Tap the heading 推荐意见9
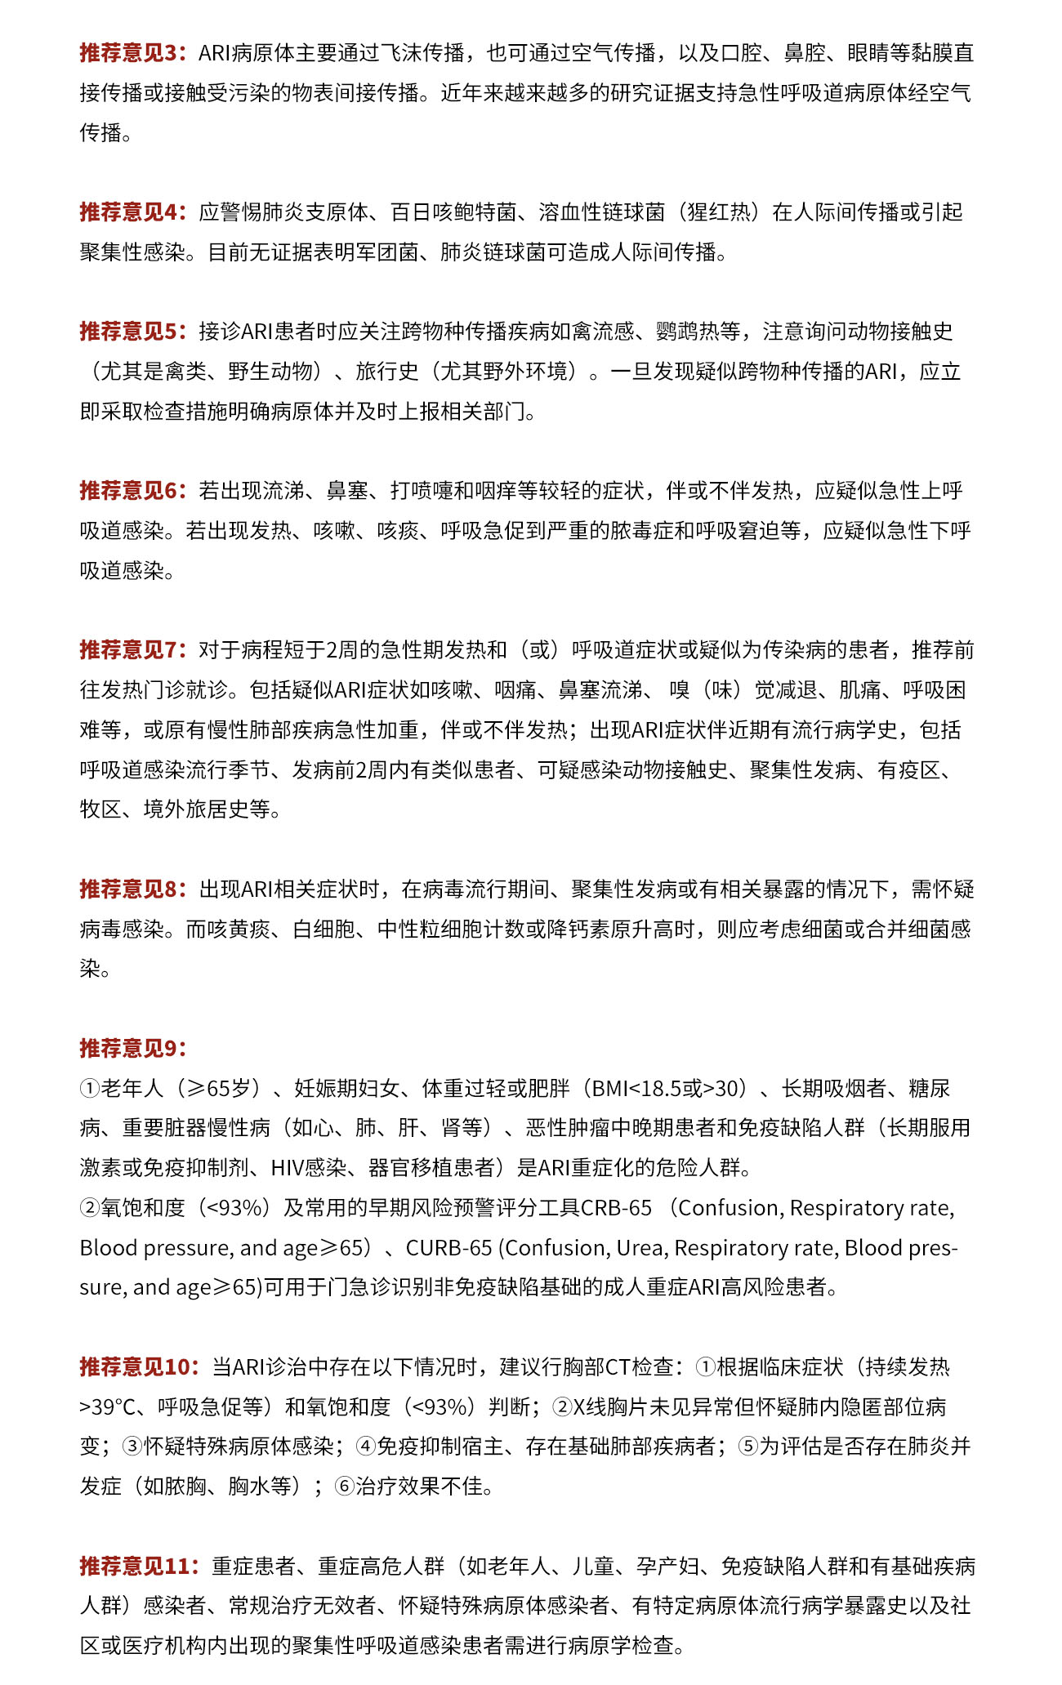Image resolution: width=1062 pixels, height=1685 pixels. coord(133,1048)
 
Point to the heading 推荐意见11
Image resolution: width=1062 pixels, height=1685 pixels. coord(139,1566)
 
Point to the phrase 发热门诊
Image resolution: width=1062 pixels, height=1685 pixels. coord(144,690)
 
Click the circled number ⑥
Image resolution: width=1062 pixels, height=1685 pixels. coord(344,1487)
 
